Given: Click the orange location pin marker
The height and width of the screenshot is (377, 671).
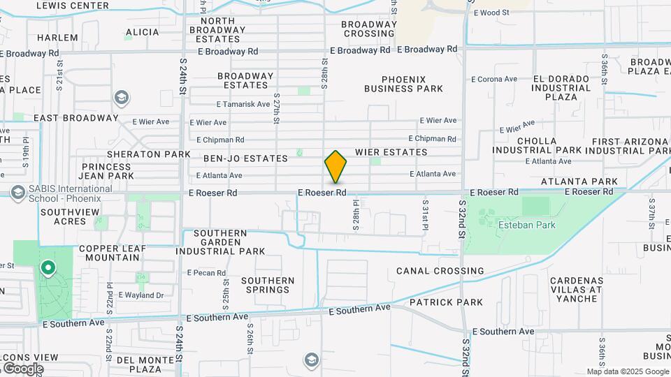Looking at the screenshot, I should pos(335,166).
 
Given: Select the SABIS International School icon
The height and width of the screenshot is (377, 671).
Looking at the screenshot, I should pos(17,192).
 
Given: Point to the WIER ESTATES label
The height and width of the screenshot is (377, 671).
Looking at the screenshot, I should pos(391,152).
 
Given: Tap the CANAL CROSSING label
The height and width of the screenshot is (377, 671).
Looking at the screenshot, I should pos(440,271).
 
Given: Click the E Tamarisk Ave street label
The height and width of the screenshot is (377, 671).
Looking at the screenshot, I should pos(243,105).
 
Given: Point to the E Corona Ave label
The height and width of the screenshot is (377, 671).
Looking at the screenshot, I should pos(494,80).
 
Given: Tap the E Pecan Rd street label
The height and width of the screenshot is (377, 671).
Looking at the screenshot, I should pos(204,272).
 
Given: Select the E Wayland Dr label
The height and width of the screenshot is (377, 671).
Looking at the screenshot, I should pos(140,295).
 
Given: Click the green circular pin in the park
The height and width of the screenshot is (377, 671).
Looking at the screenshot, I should pos(48,267).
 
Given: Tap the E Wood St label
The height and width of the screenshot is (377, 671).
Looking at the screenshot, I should pos(491,13).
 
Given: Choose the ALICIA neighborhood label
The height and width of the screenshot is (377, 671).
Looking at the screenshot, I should pos(143,32).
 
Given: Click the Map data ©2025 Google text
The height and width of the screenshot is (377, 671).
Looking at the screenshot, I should pos(627,371).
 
